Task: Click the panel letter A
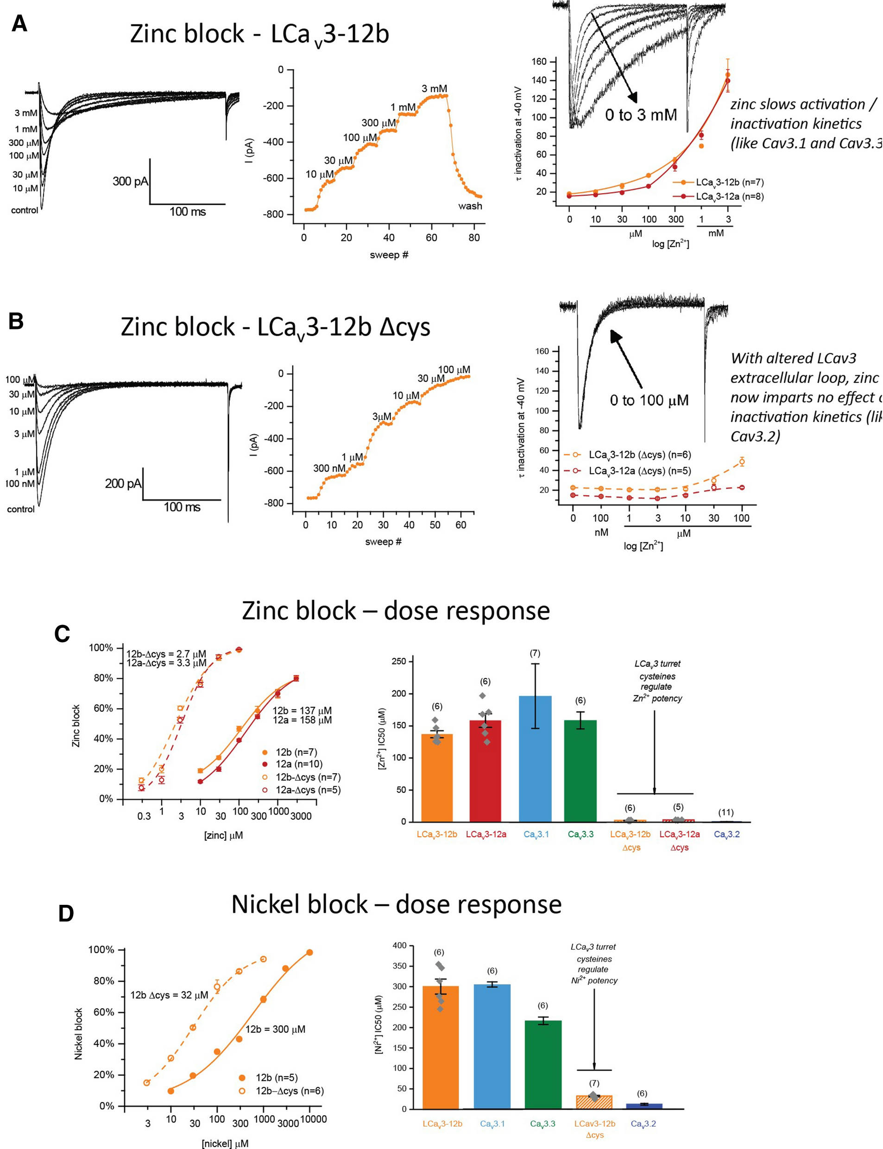(x=19, y=24)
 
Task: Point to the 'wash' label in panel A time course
(x=470, y=206)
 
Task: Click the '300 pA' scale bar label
(x=130, y=181)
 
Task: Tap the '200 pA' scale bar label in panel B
(x=122, y=483)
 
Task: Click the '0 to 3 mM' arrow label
(x=641, y=114)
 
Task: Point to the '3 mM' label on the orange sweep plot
(x=434, y=89)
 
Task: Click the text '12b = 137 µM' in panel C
(x=302, y=711)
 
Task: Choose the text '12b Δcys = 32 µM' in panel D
(x=169, y=995)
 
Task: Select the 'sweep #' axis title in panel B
(x=383, y=542)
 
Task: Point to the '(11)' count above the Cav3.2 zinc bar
(x=726, y=813)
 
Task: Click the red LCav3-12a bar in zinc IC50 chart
(x=485, y=770)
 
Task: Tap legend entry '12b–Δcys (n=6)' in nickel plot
(x=289, y=1091)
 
